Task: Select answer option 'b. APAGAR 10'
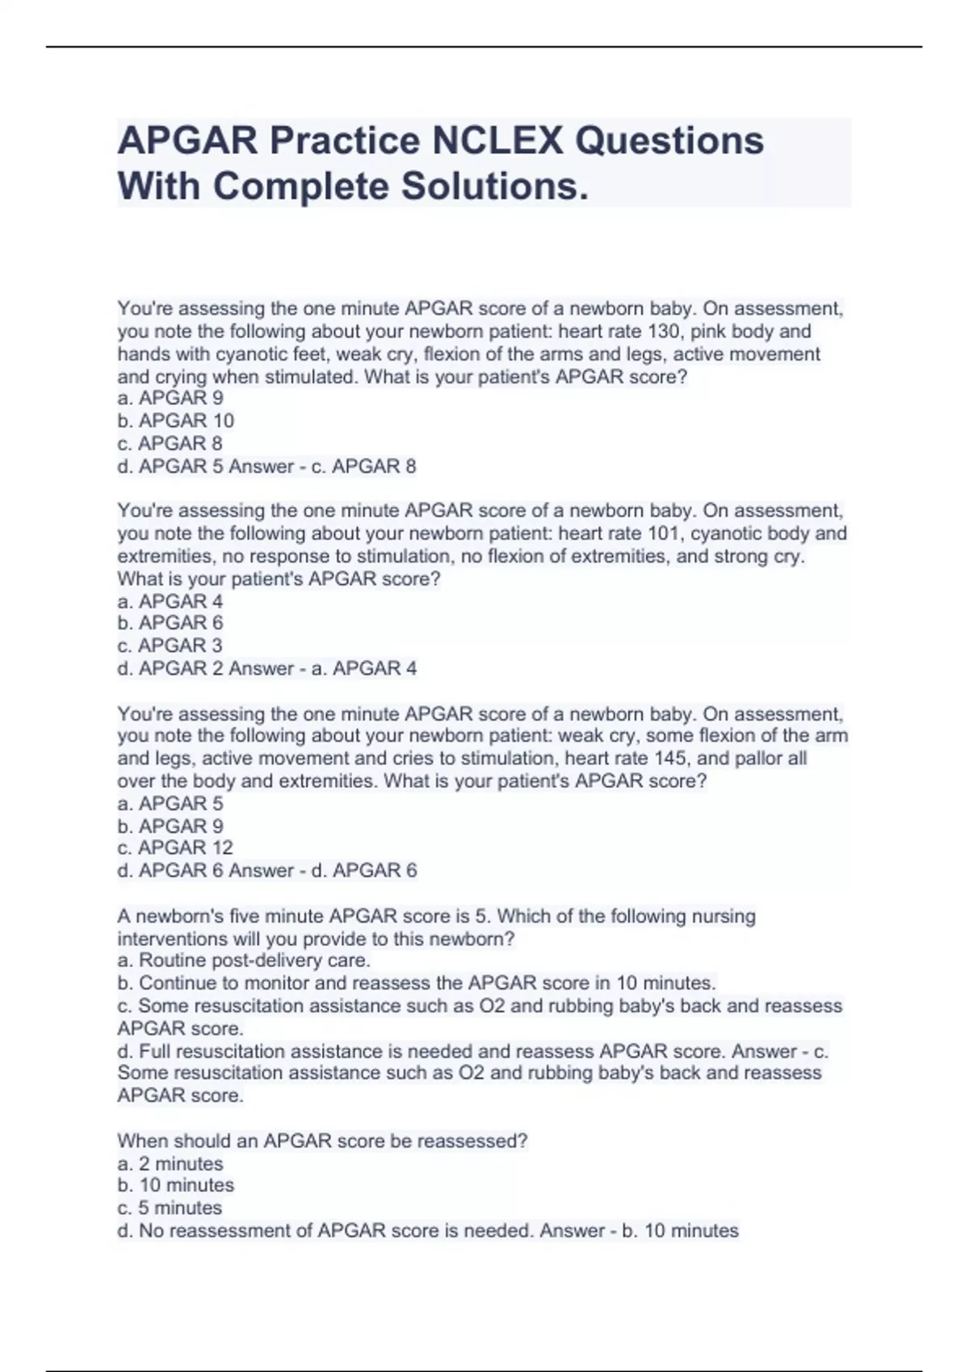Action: pyautogui.click(x=176, y=420)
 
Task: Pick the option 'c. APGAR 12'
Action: pyautogui.click(x=175, y=847)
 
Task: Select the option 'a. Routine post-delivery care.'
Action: pyautogui.click(x=244, y=960)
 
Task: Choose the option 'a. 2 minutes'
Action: pyautogui.click(x=170, y=1164)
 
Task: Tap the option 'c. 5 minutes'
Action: pyautogui.click(x=170, y=1208)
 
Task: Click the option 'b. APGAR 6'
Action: pyautogui.click(x=170, y=623)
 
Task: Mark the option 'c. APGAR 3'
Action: pyautogui.click(x=170, y=646)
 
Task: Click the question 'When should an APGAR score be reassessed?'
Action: pyautogui.click(x=322, y=1141)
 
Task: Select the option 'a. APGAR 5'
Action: pyautogui.click(x=170, y=804)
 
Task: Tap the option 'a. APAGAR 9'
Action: pyautogui.click(x=170, y=398)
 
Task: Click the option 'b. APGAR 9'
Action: pyautogui.click(x=170, y=826)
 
